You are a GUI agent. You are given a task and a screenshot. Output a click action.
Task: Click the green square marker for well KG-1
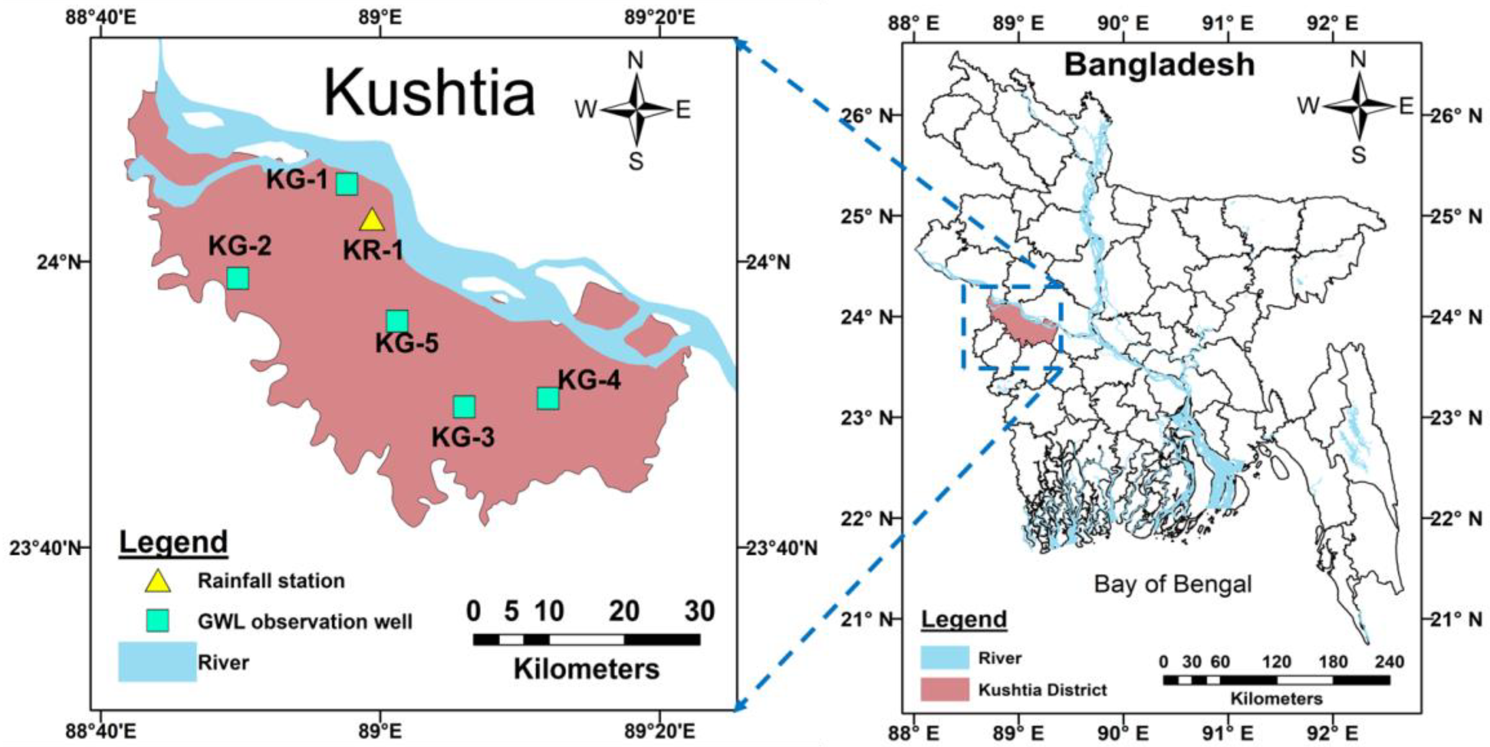347,184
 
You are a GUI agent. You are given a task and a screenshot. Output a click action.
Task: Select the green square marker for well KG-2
238,278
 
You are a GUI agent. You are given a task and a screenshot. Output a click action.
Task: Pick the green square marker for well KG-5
397,320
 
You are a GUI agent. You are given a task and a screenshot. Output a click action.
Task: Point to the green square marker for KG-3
464,407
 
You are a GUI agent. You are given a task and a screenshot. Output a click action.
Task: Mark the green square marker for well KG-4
548,398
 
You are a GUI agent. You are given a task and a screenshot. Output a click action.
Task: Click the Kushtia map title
429,94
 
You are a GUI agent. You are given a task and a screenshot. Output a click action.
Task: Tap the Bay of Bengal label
1173,584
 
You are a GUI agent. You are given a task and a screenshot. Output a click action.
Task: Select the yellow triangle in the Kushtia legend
157,581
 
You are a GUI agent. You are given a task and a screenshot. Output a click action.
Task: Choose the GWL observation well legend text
305,621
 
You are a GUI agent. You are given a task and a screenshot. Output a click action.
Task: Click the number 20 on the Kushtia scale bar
624,611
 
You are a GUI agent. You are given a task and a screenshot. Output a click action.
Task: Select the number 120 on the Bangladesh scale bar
1277,662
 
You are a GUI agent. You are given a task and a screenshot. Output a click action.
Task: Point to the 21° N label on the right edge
1453,619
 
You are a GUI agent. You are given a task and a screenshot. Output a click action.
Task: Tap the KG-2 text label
240,246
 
